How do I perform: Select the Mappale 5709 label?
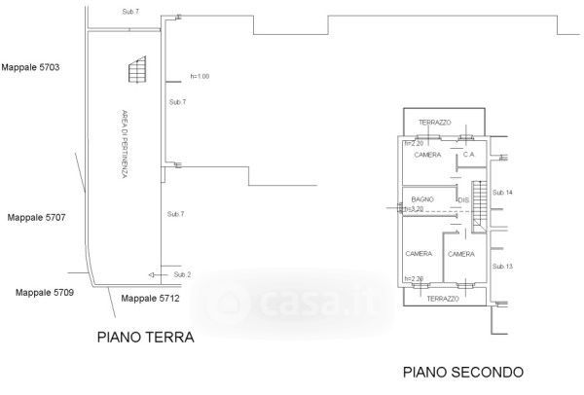tap(44, 291)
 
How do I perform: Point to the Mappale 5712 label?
tap(150, 299)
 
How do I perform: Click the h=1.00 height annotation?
tap(201, 76)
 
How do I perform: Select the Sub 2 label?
tap(181, 275)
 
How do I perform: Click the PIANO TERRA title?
tap(146, 339)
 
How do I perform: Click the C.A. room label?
tap(468, 155)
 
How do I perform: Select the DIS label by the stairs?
tap(463, 199)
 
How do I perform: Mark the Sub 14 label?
tap(502, 192)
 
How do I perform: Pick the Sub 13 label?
tap(502, 267)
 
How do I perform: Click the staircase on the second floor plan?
tap(478, 205)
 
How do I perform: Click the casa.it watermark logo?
tap(292, 303)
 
